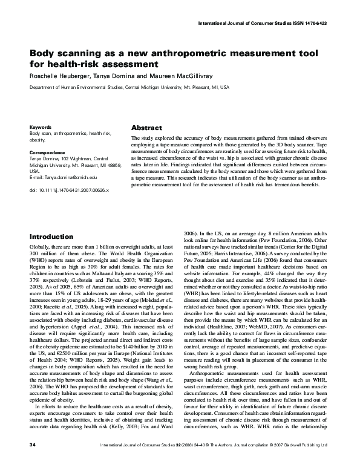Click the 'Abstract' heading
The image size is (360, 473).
[x=147, y=128]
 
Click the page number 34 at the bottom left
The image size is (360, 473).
[x=33, y=462]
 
